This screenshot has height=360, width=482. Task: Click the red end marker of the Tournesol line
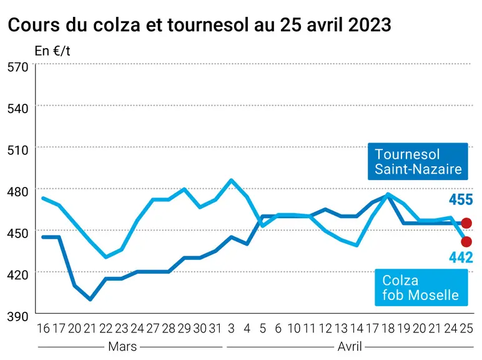466,223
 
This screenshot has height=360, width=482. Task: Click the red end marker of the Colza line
466,242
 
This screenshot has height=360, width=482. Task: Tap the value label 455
461,200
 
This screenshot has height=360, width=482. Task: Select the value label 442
461,257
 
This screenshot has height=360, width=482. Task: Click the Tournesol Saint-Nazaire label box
418,161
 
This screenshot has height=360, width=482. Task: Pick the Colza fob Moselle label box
421,287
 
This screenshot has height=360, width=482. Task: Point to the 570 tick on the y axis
18,67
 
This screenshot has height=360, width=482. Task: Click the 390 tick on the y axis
18,316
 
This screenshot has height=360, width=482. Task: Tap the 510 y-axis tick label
18,150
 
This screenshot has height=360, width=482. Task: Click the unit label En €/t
52,51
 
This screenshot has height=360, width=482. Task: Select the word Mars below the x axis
122,346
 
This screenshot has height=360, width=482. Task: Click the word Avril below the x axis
350,346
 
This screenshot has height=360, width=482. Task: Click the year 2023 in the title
370,25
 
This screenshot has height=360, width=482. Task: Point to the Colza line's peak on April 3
231,180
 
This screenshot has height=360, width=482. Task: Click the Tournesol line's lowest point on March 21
90,299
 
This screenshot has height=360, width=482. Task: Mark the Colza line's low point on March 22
106,257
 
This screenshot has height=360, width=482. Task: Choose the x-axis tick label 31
215,329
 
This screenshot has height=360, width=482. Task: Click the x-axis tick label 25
466,329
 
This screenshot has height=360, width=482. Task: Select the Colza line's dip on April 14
357,245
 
